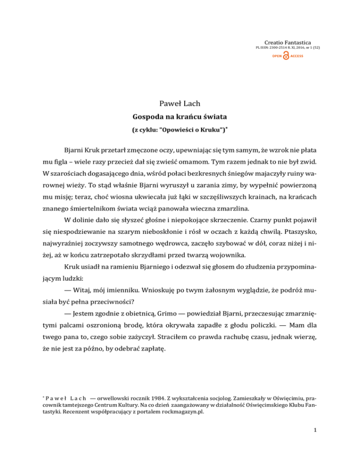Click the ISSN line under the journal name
tap(288, 48)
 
